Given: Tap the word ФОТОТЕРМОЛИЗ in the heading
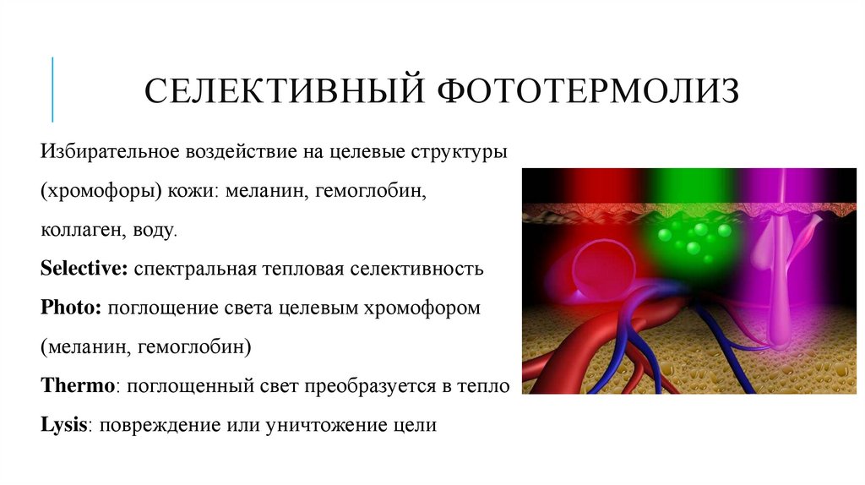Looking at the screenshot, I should pyautogui.click(x=588, y=90).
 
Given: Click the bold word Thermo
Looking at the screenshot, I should pyautogui.click(x=77, y=385).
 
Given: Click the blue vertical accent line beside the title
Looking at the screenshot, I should pyautogui.click(x=52, y=89).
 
